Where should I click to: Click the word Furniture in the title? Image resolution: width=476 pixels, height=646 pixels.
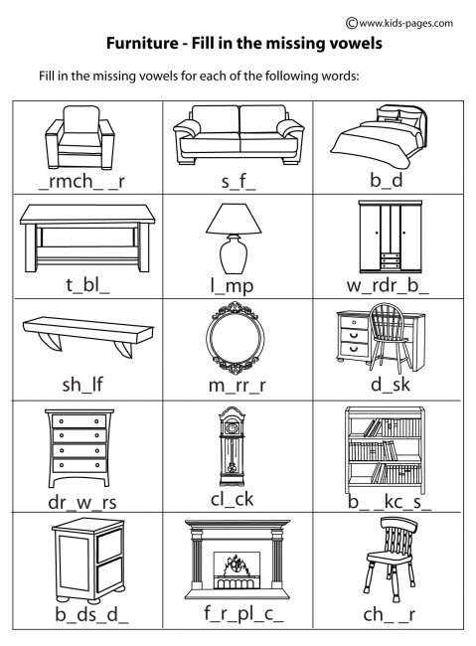[142, 43]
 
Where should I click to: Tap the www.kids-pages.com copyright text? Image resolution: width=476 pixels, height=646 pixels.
[399, 23]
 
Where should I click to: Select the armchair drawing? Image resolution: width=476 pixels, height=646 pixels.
[79, 137]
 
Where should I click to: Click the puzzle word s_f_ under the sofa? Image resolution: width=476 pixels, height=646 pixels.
[238, 182]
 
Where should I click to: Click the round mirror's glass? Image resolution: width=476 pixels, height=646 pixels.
[235, 338]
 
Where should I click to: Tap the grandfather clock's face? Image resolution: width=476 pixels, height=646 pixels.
[232, 428]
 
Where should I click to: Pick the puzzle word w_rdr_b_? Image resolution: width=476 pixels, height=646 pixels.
[388, 285]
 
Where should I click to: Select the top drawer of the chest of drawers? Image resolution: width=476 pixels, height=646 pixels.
[79, 421]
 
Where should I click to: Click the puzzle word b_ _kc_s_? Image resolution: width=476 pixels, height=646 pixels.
[390, 502]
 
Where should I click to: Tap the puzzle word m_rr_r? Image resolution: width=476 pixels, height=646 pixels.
[237, 386]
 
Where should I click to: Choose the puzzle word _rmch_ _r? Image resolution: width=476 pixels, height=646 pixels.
[81, 181]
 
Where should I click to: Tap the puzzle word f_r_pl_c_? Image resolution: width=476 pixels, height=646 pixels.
[243, 613]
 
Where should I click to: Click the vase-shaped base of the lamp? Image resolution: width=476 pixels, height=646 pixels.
[234, 253]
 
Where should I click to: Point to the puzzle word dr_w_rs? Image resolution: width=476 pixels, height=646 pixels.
[82, 502]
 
